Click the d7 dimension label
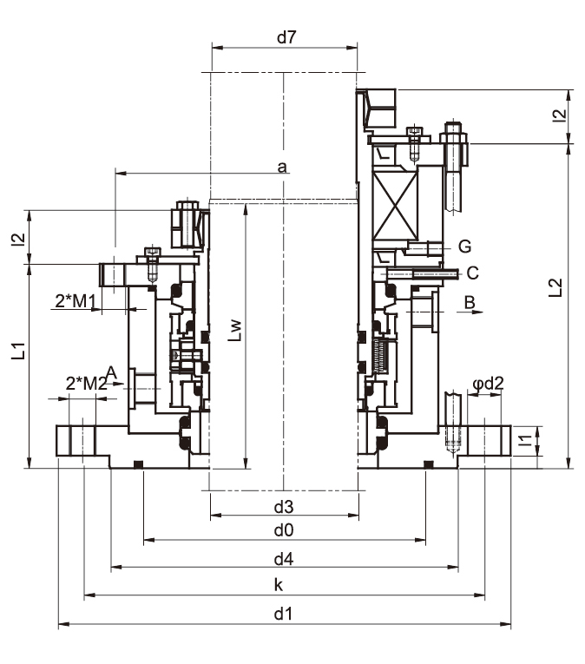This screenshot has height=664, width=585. (x=286, y=37)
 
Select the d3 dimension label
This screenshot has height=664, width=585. (x=284, y=507)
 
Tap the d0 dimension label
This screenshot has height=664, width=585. (x=284, y=530)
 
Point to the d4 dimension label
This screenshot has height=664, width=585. (x=284, y=559)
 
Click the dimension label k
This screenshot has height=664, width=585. (x=279, y=585)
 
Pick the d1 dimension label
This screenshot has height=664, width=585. (x=283, y=613)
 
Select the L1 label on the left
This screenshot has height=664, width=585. (x=18, y=351)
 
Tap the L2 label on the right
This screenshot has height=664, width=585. (x=555, y=287)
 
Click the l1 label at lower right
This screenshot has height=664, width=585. (x=525, y=440)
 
